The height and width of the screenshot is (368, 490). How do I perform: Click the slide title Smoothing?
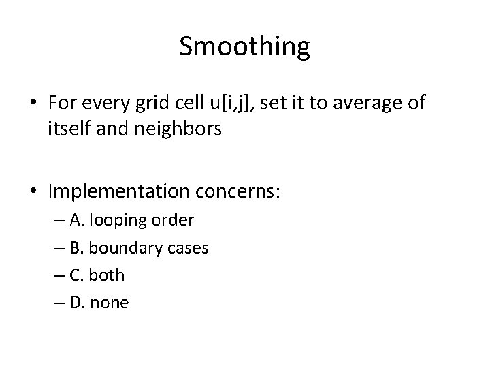245,46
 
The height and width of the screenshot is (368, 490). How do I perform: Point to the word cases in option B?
188,248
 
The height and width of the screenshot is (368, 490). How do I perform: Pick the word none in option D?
109,303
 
